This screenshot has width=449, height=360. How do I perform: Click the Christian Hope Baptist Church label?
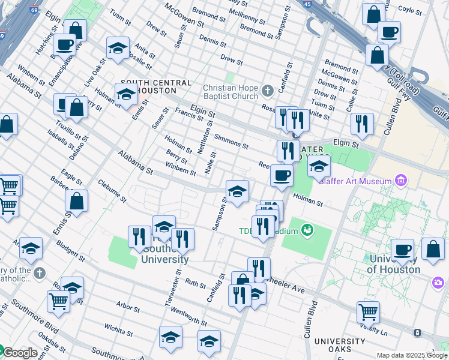[231, 91]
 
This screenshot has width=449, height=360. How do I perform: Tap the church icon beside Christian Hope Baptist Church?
[268, 91]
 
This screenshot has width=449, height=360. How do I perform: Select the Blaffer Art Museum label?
[355, 181]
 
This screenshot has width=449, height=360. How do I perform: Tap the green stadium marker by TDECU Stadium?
[307, 230]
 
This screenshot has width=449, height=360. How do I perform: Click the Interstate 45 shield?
[308, 4]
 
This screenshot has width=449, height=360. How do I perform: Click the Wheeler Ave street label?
[288, 286]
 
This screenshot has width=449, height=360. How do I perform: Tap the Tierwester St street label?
[176, 288]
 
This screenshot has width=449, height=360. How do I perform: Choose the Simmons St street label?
[231, 142]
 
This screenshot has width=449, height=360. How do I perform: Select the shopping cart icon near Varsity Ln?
[368, 312]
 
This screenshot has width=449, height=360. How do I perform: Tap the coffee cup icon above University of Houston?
[402, 249]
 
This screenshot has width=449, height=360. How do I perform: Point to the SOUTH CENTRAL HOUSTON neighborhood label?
[156, 86]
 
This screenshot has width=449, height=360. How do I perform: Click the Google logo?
[20, 353]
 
